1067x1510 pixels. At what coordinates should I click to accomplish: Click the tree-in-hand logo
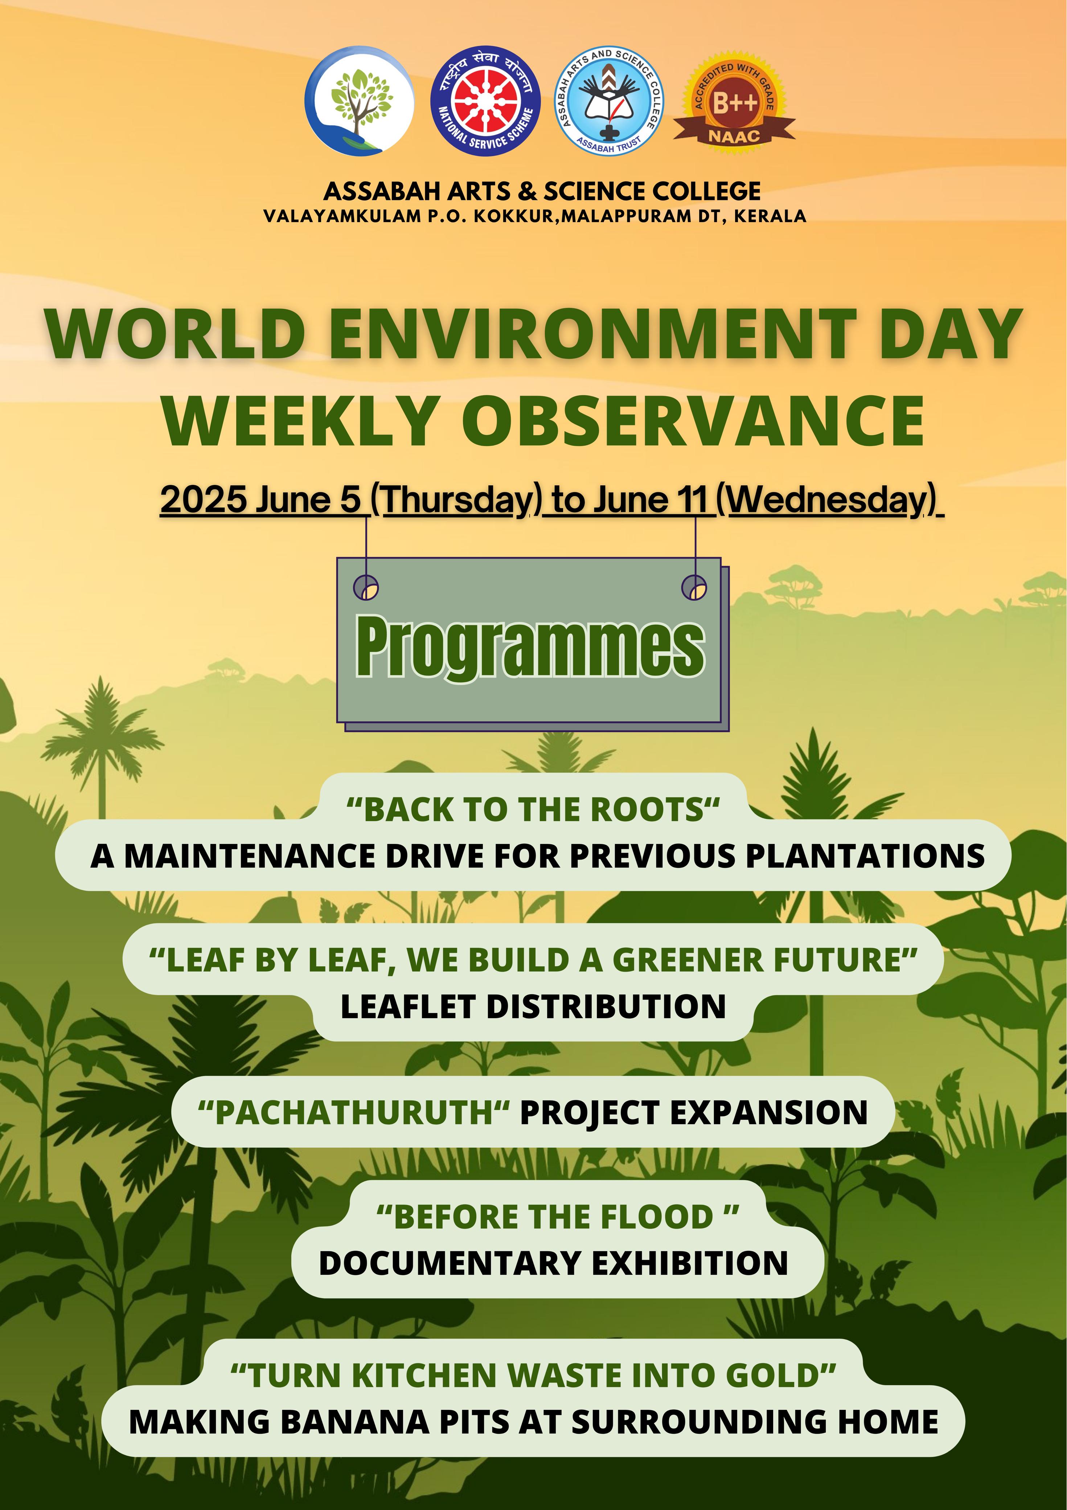[360, 101]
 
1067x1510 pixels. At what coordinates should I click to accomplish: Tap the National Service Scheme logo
[486, 101]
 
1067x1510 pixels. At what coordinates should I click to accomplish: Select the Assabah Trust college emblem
[610, 101]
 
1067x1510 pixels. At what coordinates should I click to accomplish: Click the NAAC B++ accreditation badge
[734, 102]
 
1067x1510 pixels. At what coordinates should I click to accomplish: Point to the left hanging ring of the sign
[366, 587]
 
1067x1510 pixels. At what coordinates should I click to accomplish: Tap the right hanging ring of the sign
[694, 587]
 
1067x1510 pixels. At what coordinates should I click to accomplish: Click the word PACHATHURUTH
[354, 1112]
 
